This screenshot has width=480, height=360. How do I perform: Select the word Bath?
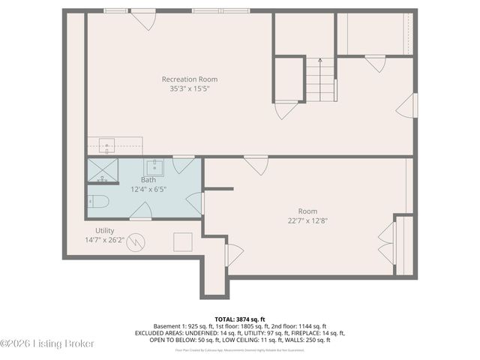[148, 180]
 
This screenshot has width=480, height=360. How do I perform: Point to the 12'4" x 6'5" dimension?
[148, 190]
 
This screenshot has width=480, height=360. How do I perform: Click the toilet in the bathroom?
[98, 201]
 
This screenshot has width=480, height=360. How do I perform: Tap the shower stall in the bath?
[103, 171]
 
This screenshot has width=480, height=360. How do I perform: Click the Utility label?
[105, 230]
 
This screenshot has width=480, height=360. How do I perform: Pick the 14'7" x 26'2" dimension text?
[106, 240]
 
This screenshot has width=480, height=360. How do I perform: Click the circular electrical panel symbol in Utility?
[136, 241]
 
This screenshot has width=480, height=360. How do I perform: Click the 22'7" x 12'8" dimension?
[308, 220]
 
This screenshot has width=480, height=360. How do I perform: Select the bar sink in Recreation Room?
[105, 143]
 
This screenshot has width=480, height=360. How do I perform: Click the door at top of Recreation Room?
[143, 19]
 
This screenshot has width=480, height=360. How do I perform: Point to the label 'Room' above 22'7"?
[308, 211]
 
